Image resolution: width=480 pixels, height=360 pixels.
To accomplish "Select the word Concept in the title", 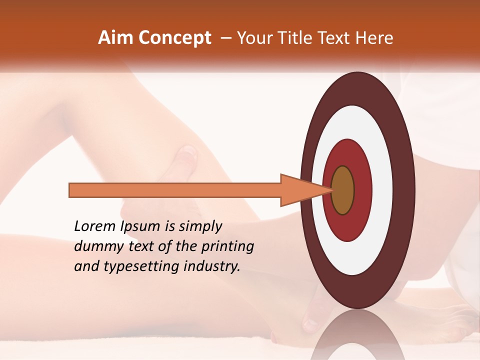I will [174, 38].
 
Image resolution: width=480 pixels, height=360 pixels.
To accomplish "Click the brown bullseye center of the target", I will [343, 190].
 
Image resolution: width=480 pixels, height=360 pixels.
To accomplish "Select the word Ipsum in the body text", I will [140, 227].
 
